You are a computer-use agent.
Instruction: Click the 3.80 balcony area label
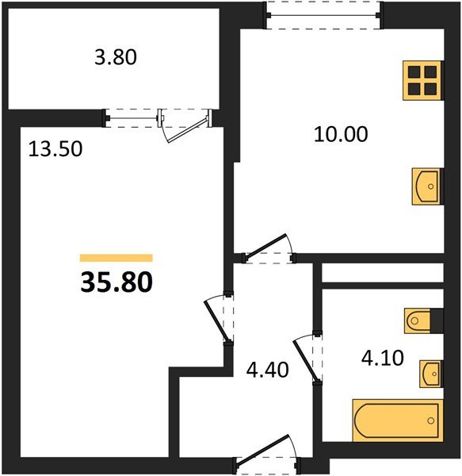click(x=116, y=57)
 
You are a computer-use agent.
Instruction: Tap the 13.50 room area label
click(x=55, y=148)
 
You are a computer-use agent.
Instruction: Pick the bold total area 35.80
click(x=116, y=282)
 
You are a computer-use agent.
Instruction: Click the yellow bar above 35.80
click(x=116, y=258)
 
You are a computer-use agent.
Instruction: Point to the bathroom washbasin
click(x=430, y=371)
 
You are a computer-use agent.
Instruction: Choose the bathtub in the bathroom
click(x=395, y=420)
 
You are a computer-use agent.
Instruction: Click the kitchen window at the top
click(x=323, y=15)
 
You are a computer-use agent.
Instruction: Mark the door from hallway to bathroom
click(x=309, y=354)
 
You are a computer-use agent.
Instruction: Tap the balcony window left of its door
click(x=132, y=117)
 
